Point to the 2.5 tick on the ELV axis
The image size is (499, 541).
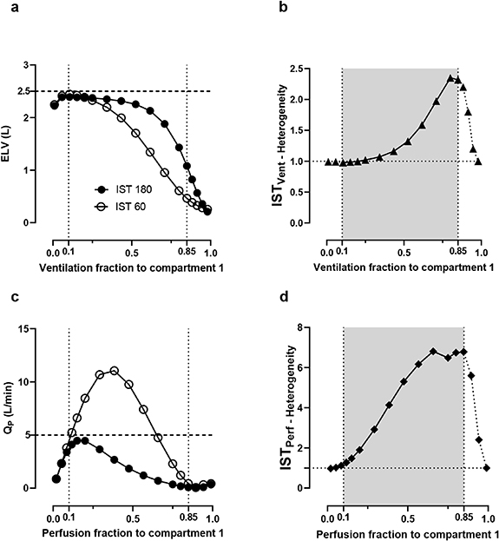pos(30,91)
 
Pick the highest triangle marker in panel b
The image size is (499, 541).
pos(450,78)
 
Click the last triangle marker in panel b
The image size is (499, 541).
pos(478,162)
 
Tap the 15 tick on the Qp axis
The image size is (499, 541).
pos(33,328)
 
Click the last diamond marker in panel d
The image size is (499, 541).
pos(487,468)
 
